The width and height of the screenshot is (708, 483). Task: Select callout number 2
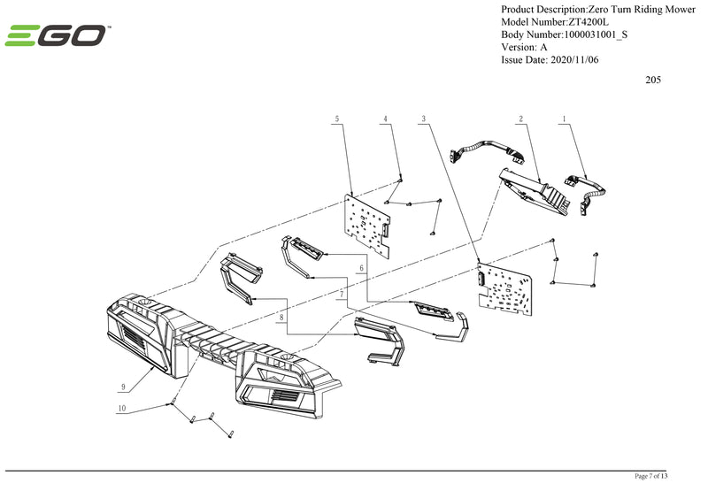coord(521,118)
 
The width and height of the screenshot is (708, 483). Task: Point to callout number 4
coord(385,118)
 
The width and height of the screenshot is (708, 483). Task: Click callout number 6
coord(361,267)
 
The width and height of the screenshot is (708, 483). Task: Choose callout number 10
coord(122,409)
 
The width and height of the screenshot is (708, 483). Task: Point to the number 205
coord(653,80)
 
